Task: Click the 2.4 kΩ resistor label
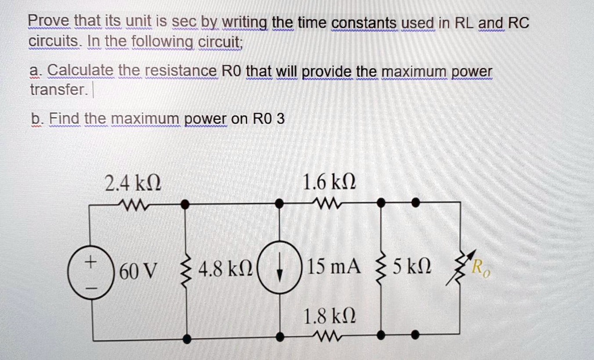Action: (132, 184)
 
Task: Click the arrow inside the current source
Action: (280, 270)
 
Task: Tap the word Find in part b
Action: (64, 119)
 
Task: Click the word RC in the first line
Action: (518, 23)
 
